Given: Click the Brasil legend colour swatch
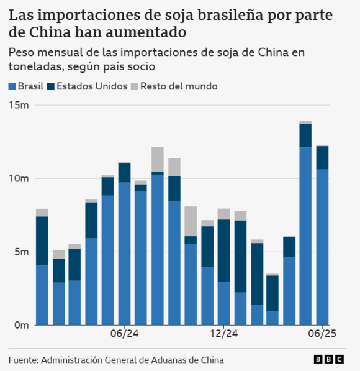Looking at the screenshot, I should coord(12,86).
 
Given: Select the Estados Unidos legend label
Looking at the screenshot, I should coord(92,86).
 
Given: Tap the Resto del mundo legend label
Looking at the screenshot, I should coord(179,86).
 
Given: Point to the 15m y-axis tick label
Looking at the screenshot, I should coord(19,106).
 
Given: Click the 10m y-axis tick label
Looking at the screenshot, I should coord(19,179).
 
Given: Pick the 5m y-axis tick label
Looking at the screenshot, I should coord(22,252).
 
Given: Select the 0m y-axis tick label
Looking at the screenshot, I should coord(22,325).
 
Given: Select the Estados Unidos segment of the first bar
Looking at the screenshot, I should coord(42,240).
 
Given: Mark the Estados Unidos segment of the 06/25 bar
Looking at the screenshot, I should coord(322,157).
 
